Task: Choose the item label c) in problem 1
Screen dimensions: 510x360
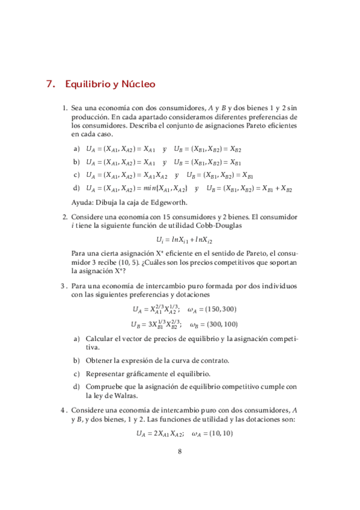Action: (x=76, y=175)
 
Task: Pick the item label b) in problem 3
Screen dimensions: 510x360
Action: (x=76, y=360)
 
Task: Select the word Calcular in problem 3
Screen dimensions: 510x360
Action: (x=101, y=339)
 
